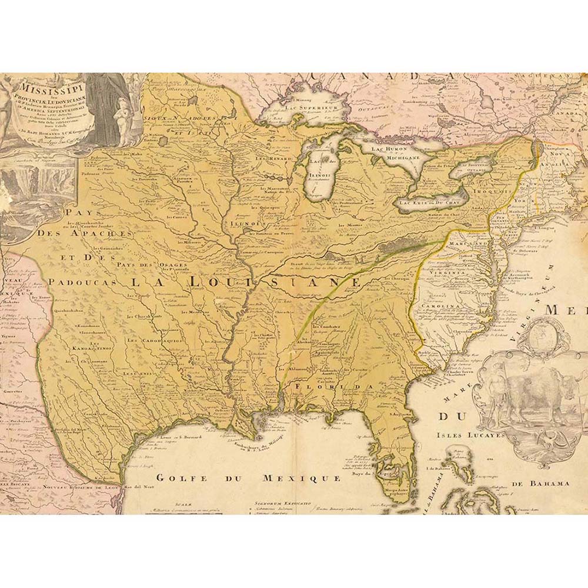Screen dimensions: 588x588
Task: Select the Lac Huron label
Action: click(x=389, y=149)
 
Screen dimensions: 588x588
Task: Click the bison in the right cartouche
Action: click(x=532, y=397)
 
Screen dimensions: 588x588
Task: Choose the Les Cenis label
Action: click(x=142, y=373)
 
